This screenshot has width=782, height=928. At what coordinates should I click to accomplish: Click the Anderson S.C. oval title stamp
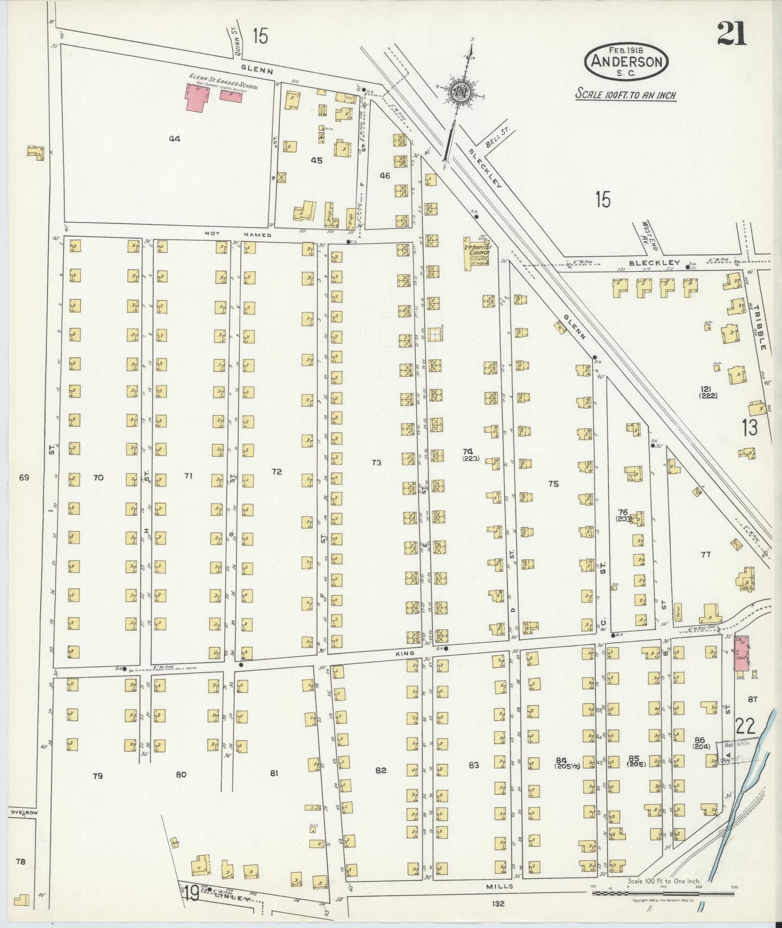point(626,62)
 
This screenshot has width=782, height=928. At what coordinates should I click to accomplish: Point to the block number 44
point(174,139)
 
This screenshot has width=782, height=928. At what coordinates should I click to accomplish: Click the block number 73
point(377,462)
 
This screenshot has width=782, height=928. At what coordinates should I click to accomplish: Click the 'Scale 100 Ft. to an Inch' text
point(625,95)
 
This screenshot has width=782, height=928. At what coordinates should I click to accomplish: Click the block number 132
point(498,903)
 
